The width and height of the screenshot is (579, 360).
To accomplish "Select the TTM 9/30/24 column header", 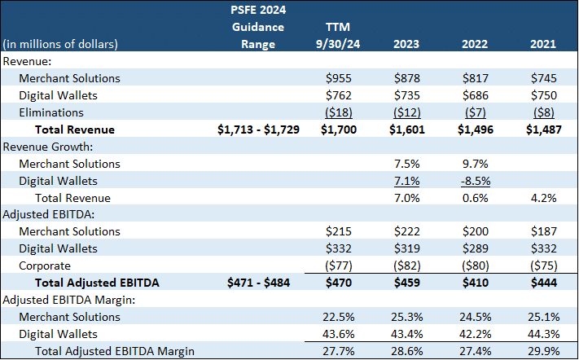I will tap(342, 36).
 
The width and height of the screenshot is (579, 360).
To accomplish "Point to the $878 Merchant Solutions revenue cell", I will tap(407, 78).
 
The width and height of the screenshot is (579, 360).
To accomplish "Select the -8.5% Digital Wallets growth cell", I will tap(472, 181).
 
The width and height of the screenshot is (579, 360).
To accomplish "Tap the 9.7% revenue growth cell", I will tap(472, 164).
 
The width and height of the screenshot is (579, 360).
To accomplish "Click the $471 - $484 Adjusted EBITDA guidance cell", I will tap(259, 283).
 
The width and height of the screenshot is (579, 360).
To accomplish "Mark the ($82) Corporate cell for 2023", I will tap(407, 266).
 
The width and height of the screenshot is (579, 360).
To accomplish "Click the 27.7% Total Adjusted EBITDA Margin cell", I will tap(343, 351).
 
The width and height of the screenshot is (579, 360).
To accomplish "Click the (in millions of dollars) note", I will tap(60, 44).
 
